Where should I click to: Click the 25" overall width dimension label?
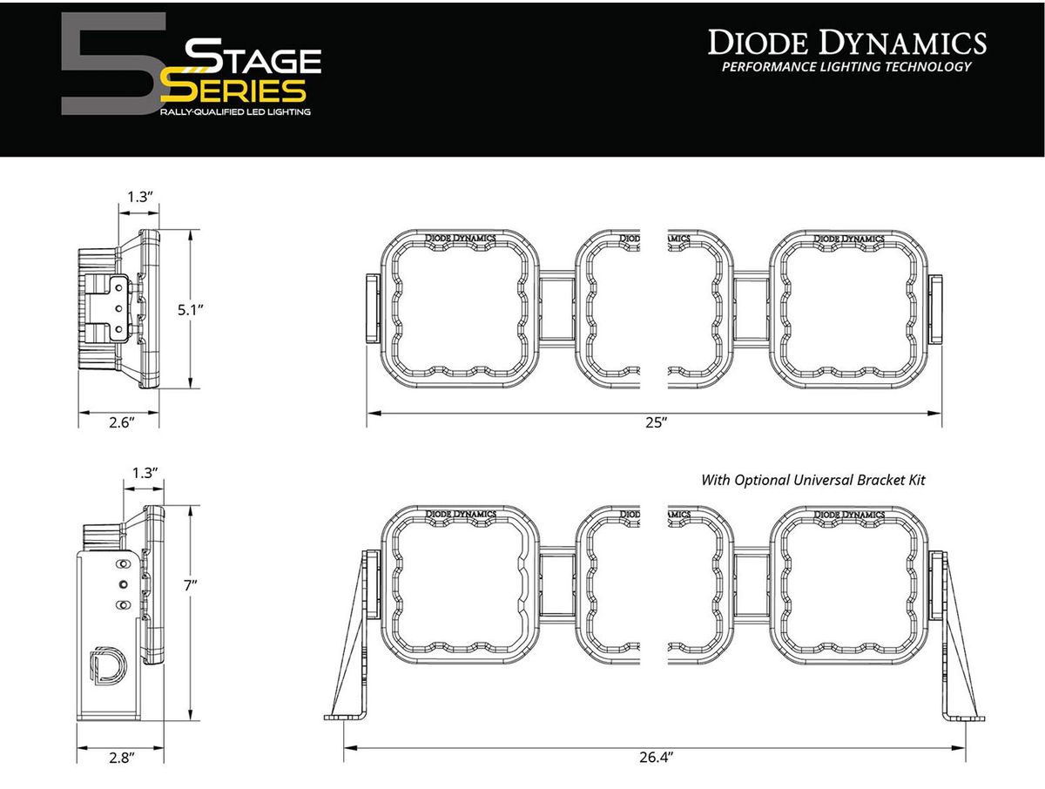click(656, 422)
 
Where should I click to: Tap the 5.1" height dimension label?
click(191, 310)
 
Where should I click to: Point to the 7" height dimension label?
click(191, 586)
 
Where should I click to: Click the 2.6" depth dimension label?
click(122, 422)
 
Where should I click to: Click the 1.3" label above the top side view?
click(139, 197)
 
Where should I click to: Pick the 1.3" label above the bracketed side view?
click(145, 473)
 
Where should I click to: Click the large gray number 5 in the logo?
click(114, 64)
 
